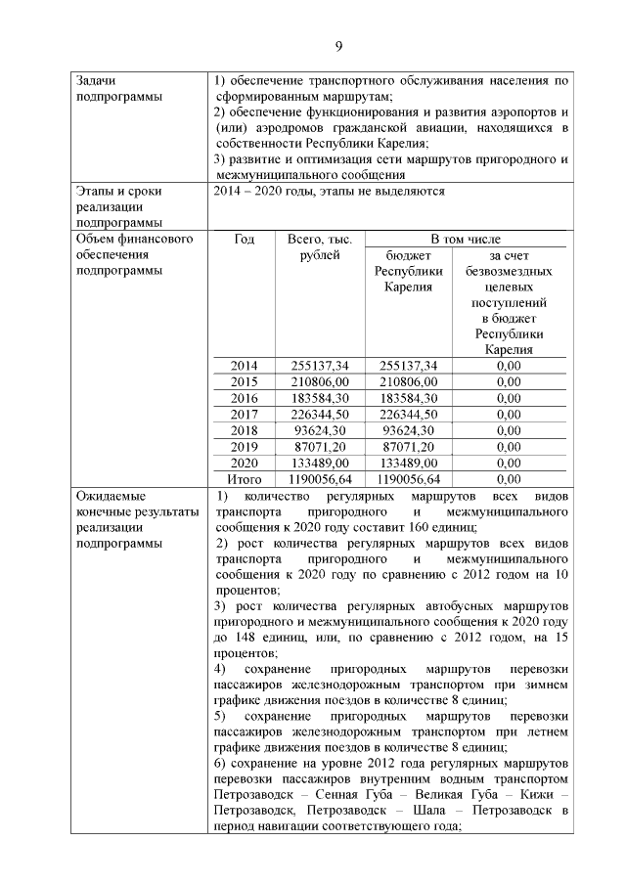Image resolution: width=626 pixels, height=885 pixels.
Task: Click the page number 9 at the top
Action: tap(337, 46)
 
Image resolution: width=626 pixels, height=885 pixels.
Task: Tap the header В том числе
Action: tap(467, 239)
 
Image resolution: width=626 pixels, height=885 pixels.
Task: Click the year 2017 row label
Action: tap(244, 414)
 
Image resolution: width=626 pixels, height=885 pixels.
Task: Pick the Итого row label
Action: tap(244, 478)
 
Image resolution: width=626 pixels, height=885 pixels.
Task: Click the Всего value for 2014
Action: tap(320, 366)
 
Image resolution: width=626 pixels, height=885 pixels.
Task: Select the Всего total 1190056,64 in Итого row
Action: tap(320, 478)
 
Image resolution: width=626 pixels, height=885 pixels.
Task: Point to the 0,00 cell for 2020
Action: tap(508, 463)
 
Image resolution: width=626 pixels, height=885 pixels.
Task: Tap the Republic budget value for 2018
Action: tap(410, 430)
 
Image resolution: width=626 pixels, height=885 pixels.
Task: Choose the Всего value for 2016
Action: tap(320, 398)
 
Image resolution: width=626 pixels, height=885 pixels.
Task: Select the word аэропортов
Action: tap(518, 111)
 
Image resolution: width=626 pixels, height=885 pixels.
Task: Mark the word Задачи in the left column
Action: tap(99, 80)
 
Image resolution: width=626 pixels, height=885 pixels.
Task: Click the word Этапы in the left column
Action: tap(96, 191)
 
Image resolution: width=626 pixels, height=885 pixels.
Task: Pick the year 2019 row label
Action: tap(244, 446)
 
